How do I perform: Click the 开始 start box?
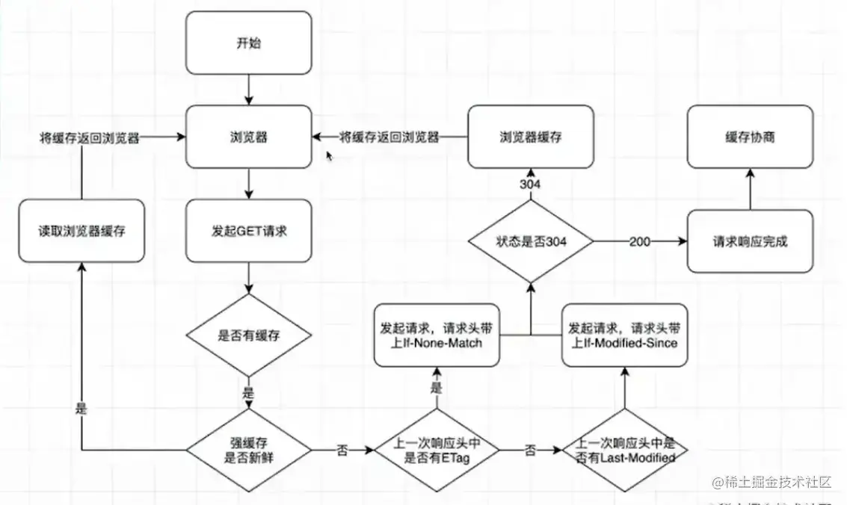click(x=248, y=43)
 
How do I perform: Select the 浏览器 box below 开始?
click(x=248, y=137)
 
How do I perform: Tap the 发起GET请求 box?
click(x=248, y=231)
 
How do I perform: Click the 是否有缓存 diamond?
click(x=248, y=335)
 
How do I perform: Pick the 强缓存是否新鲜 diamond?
click(x=248, y=450)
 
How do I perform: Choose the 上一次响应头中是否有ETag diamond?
click(x=437, y=450)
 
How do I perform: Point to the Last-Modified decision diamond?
click(x=624, y=450)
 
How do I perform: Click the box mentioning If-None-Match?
click(x=437, y=335)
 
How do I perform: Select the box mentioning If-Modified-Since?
click(x=624, y=335)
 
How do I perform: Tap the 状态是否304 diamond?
click(x=531, y=241)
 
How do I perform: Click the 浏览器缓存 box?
click(x=531, y=137)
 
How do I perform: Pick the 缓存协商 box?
click(x=750, y=137)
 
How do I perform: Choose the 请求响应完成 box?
click(x=750, y=241)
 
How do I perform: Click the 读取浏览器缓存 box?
click(x=81, y=231)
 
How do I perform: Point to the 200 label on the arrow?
click(x=639, y=241)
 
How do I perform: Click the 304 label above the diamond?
click(x=531, y=185)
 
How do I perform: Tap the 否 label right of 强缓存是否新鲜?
click(x=342, y=450)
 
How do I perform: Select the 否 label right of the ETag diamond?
click(x=530, y=450)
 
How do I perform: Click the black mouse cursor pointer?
click(x=329, y=155)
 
